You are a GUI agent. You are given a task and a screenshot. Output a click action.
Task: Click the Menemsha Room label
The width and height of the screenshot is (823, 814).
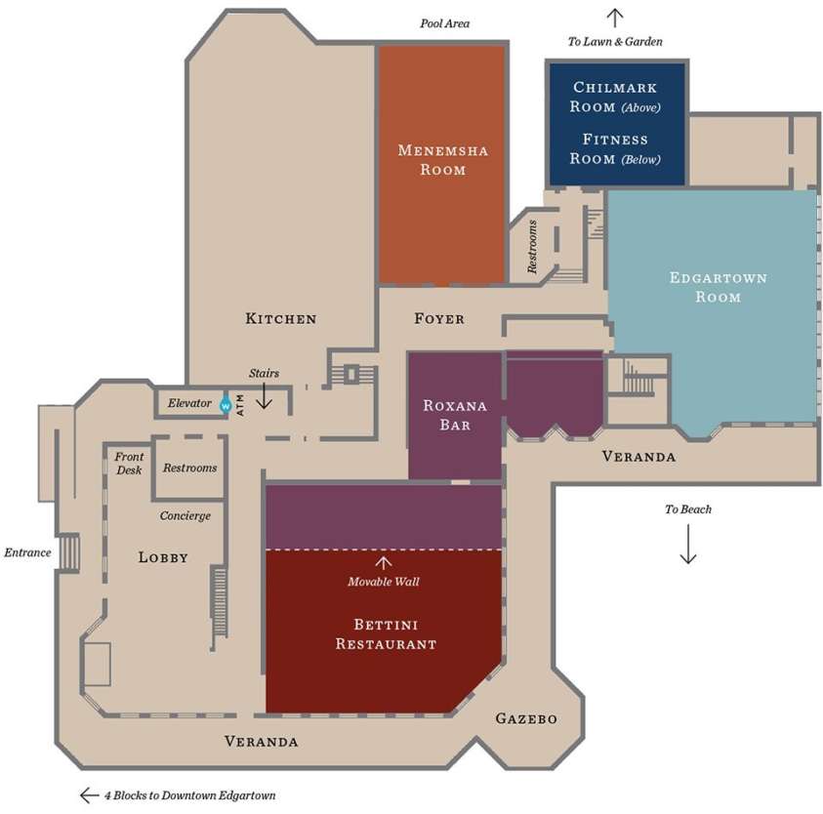[442, 159]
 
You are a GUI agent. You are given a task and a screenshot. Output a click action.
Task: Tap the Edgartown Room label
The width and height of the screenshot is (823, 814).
[718, 287]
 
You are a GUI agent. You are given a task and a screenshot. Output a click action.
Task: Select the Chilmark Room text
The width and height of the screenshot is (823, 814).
[616, 97]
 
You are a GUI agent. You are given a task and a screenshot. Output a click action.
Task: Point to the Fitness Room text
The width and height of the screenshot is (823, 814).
[616, 148]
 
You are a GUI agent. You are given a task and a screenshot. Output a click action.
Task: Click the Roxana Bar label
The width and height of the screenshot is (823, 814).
[447, 415]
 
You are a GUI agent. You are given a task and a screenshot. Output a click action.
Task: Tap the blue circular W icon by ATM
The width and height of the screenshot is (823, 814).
[226, 403]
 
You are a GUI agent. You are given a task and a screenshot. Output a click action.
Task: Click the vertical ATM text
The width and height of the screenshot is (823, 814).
[240, 402]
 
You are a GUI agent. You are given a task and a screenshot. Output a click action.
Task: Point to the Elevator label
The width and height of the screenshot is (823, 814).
[189, 403]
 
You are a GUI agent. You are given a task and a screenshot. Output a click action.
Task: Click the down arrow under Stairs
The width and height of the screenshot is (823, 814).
[264, 395]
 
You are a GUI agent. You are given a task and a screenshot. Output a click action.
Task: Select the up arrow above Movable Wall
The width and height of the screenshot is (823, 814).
[384, 562]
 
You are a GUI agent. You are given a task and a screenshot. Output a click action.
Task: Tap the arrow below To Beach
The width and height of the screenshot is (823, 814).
[688, 544]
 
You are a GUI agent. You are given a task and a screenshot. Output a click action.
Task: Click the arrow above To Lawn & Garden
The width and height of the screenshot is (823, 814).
[615, 17]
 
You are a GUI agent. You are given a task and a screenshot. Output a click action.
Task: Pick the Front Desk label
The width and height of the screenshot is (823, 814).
[129, 463]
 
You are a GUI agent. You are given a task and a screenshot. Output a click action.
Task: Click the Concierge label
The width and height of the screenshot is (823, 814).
[185, 515]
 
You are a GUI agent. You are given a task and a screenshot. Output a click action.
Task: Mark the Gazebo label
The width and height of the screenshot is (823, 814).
[525, 718]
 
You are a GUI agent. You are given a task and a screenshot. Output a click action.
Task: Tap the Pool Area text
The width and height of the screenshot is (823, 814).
[445, 23]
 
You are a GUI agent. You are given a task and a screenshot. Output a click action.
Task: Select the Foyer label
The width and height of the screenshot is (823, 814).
[439, 318]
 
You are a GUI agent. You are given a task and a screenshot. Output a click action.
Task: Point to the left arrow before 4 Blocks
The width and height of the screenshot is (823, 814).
[90, 794]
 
